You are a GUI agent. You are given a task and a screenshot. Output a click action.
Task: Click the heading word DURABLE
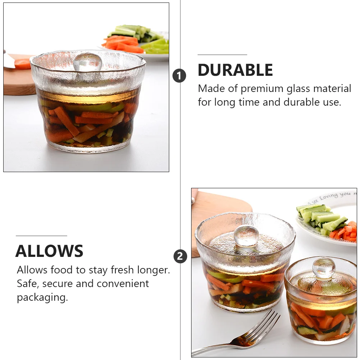point(235,70)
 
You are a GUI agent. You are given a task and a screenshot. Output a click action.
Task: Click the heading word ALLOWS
point(49,251)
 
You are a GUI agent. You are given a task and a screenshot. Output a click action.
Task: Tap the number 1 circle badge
point(179,76)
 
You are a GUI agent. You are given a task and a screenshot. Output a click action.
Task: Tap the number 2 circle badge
point(180,257)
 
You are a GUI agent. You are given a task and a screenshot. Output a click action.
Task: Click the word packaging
point(42,297)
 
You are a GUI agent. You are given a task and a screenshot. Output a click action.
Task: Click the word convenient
point(123,283)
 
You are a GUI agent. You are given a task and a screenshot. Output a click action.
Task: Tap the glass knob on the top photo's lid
point(87,62)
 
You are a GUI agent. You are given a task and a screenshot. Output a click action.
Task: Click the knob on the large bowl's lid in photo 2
point(246,235)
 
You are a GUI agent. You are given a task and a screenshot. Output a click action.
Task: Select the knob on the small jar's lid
point(323,268)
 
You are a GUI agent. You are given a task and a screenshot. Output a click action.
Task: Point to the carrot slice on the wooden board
point(23,64)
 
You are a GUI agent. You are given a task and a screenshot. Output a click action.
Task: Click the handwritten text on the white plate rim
point(329,196)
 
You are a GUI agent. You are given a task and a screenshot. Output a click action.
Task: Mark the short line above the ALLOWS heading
point(41,236)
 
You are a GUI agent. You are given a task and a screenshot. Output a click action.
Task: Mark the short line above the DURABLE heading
point(222,55)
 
